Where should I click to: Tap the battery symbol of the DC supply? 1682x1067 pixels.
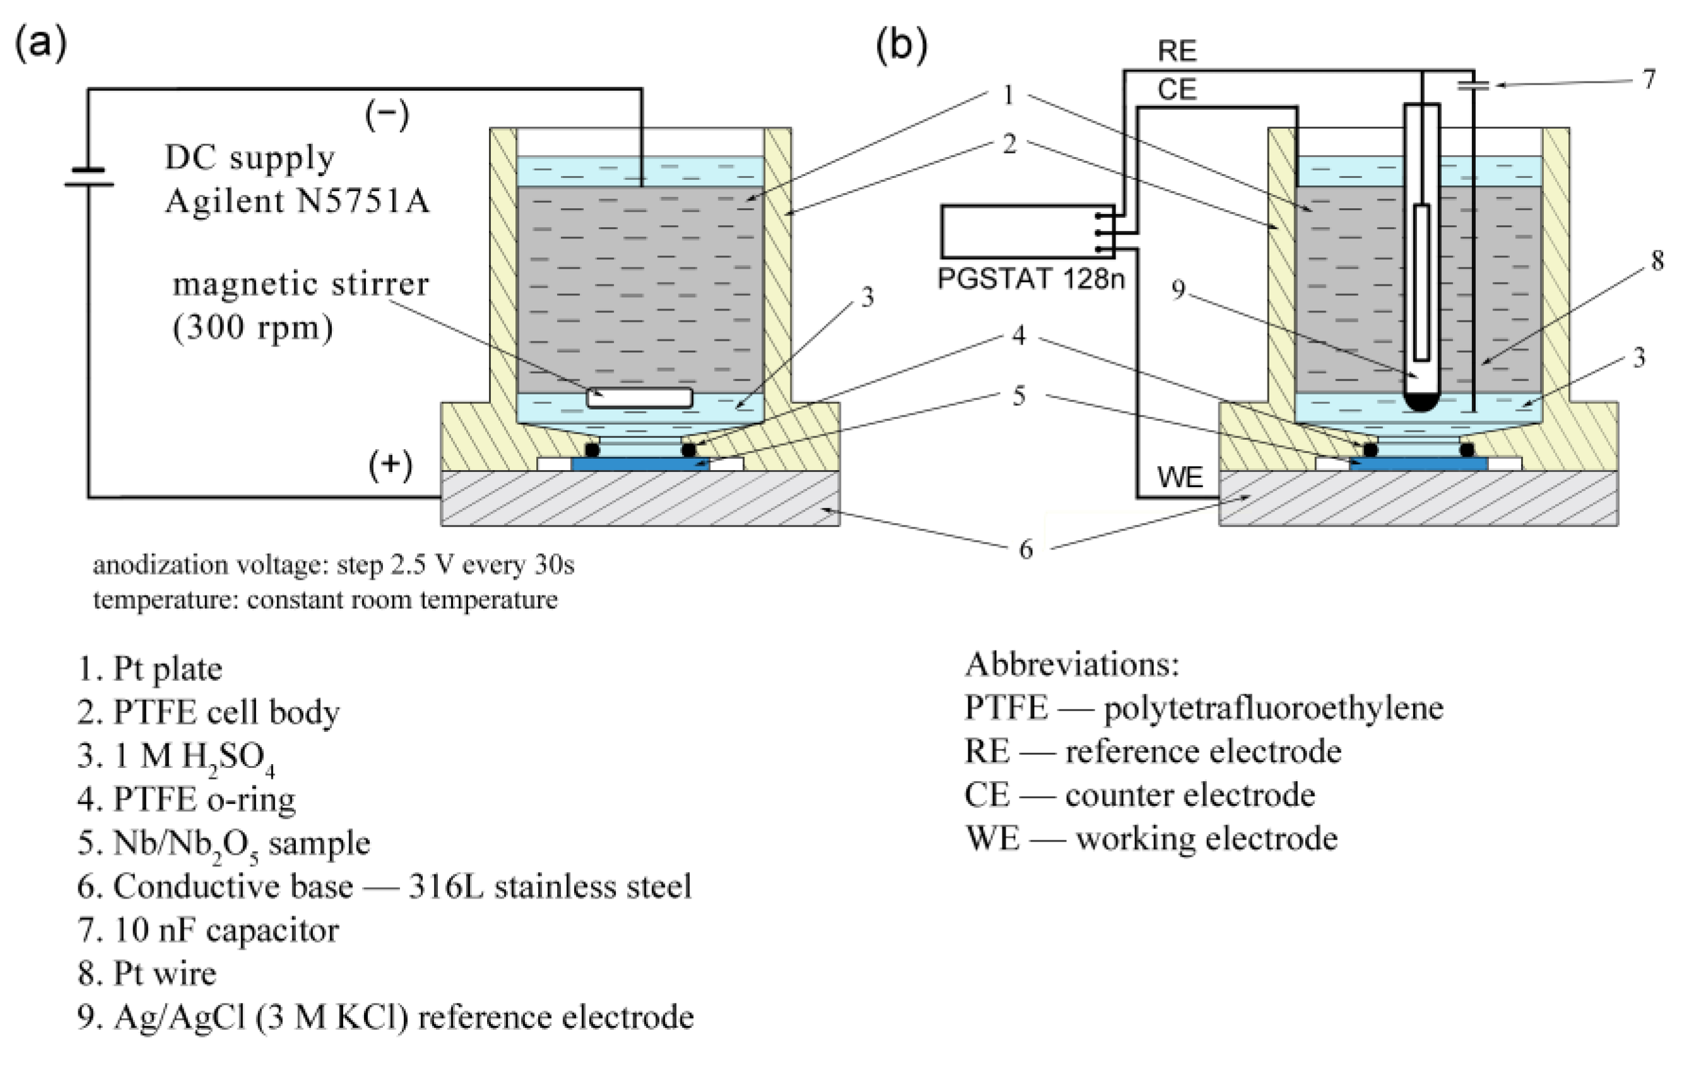tap(89, 177)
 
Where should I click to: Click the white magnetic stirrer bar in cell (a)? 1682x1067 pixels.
tap(639, 398)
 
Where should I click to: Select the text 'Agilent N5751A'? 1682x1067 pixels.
tap(297, 202)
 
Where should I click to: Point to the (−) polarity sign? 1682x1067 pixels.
tap(386, 115)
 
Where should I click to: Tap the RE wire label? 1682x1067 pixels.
tap(1177, 51)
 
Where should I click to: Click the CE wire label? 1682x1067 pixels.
tap(1177, 90)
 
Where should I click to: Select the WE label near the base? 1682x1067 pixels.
tap(1180, 478)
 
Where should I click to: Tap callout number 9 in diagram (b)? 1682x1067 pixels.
tap(1178, 288)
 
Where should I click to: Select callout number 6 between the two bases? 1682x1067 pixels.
tap(1025, 549)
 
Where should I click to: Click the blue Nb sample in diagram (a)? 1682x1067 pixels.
tap(640, 464)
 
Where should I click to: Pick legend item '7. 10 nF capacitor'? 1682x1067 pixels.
tap(208, 930)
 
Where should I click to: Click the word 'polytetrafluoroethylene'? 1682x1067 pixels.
tap(1273, 708)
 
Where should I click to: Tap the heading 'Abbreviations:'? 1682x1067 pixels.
tap(1071, 664)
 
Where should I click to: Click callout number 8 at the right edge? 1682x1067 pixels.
tap(1656, 261)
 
